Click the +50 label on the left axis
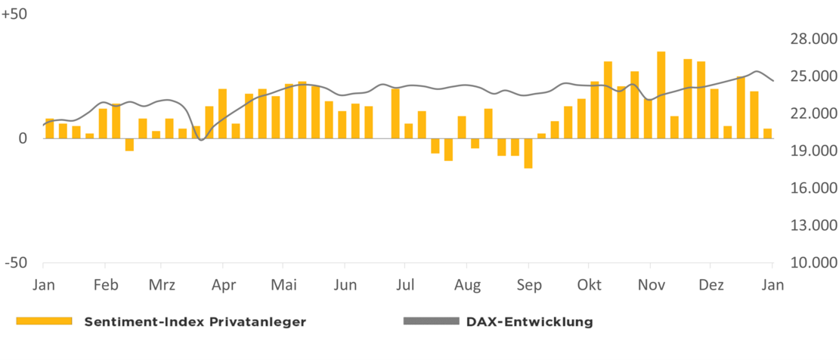click(14, 15)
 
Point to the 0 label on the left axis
click(23, 138)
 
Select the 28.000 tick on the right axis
click(808, 39)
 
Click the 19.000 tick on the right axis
click(808, 151)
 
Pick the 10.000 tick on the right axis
click(808, 262)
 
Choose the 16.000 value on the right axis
click(808, 188)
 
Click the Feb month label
click(105, 285)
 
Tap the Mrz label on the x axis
click(162, 285)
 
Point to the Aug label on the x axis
click(468, 285)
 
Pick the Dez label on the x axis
click(711, 285)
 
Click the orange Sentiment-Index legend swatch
click(44, 321)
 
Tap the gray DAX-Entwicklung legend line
click(431, 321)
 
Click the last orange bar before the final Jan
click(768, 133)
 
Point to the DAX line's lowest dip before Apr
click(200, 139)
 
